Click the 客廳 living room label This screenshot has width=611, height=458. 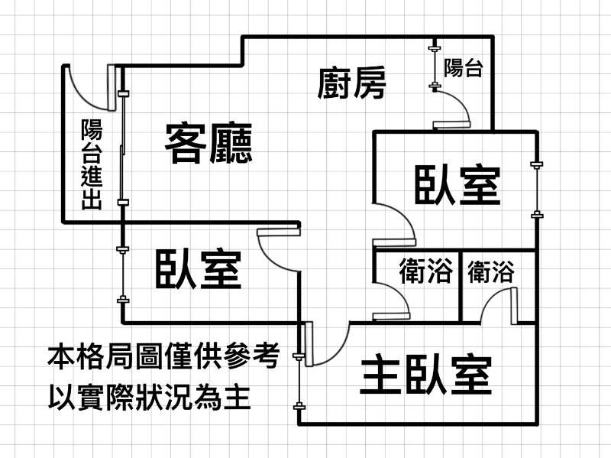[209, 143]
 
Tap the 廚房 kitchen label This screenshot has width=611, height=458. [351, 83]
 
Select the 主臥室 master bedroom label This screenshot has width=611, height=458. [425, 375]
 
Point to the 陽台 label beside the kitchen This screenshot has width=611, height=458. [462, 69]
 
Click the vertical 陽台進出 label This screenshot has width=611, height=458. [92, 164]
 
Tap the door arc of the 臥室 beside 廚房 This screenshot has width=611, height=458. [397, 222]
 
